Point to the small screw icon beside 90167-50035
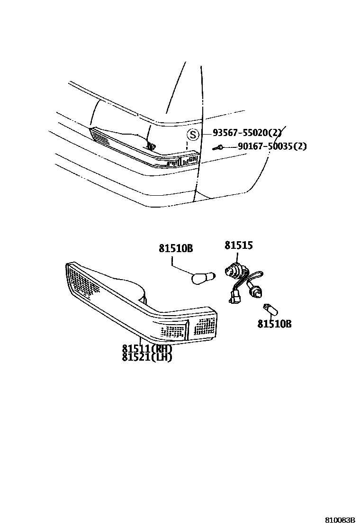(x=218, y=147)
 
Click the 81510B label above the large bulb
(x=176, y=248)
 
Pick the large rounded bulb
(x=203, y=277)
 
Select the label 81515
(x=238, y=245)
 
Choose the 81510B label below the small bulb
(x=274, y=324)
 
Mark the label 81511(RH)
(x=147, y=348)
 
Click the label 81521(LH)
(x=147, y=357)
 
